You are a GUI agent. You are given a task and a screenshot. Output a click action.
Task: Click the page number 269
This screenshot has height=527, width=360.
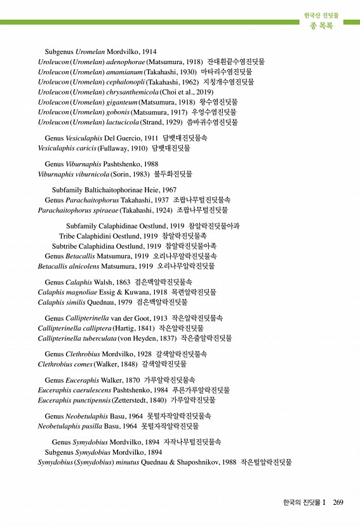click(x=338, y=502)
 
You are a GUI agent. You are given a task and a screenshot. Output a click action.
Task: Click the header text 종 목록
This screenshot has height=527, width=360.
click(x=321, y=26)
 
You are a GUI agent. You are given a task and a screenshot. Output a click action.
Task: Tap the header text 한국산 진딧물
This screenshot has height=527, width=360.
click(x=321, y=15)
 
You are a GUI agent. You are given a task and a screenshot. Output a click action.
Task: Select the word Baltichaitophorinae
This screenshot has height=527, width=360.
click(x=114, y=190)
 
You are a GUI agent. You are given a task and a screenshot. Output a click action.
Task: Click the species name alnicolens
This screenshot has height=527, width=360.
click(x=81, y=266)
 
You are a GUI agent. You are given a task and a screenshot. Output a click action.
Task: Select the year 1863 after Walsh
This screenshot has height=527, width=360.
click(x=123, y=282)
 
